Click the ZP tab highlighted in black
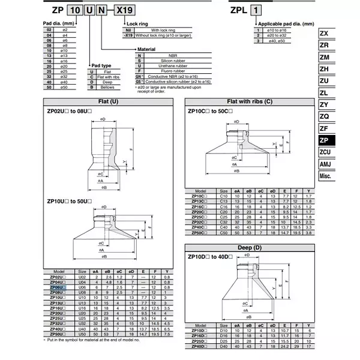pyautogui.click(x=327, y=139)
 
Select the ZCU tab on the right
pyautogui.click(x=327, y=152)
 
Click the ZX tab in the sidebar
pyautogui.click(x=327, y=34)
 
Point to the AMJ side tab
pyautogui.click(x=327, y=166)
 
